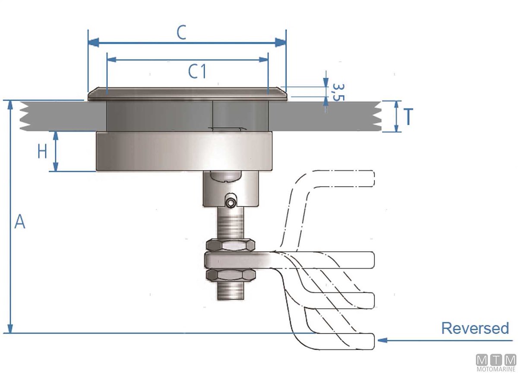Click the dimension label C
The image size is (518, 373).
coord(181,33)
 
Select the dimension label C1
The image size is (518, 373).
coord(197,72)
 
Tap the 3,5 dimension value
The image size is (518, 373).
coord(338,92)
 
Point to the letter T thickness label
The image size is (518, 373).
coord(408,117)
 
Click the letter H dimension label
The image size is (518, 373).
coord(42,152)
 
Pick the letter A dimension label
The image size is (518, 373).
coord(20,221)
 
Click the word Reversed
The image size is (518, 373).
coord(475,328)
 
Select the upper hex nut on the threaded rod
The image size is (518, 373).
coord(231,245)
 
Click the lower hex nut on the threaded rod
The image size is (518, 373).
coord(231,275)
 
